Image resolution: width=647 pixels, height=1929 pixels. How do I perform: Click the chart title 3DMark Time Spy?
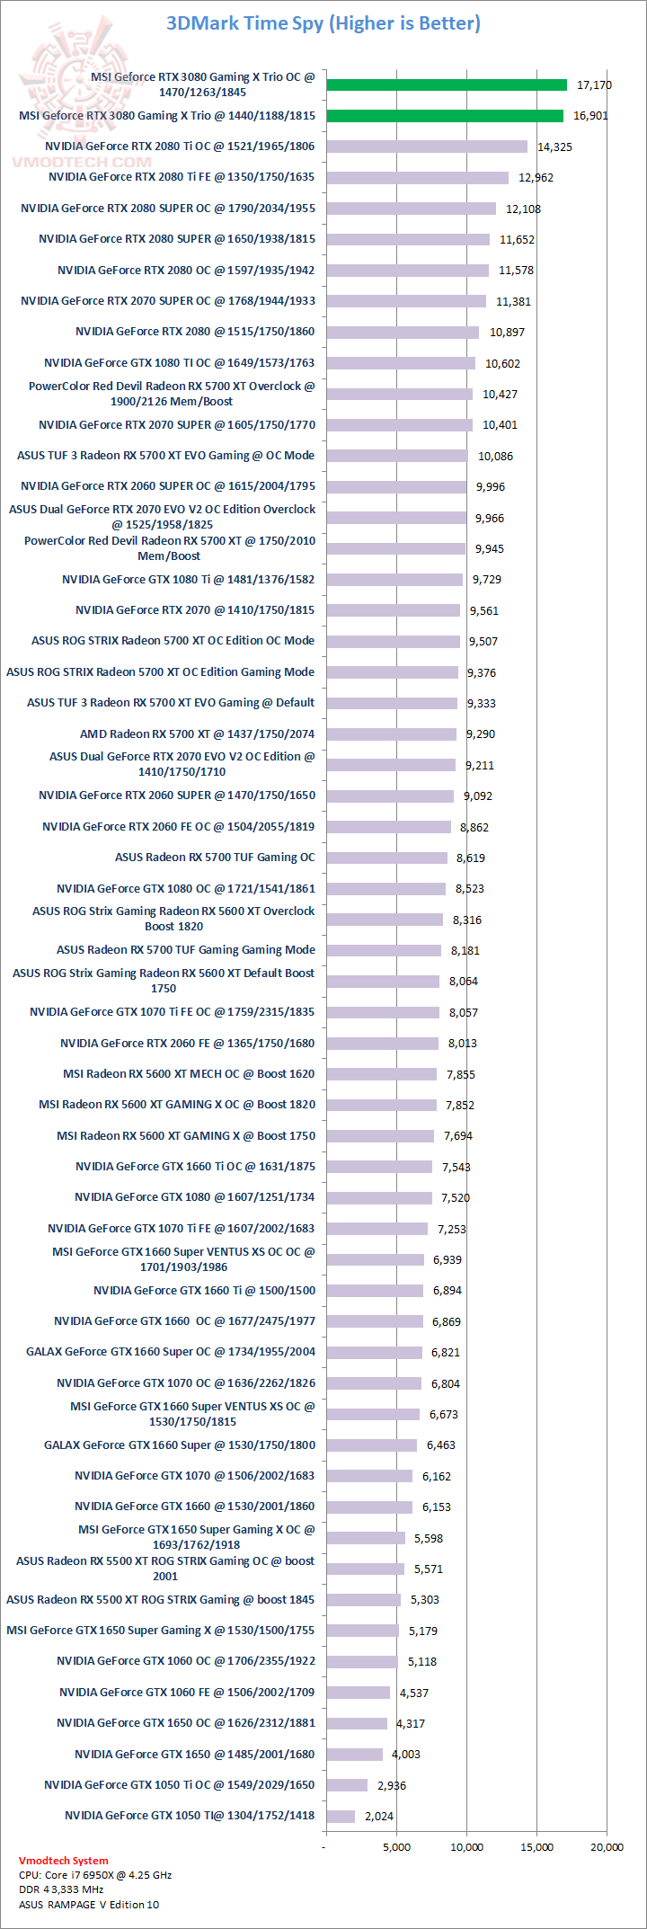323,23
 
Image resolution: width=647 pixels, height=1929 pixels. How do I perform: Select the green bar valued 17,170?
447,84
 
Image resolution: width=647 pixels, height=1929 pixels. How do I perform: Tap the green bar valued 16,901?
445,116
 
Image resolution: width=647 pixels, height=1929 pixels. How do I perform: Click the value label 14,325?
554,147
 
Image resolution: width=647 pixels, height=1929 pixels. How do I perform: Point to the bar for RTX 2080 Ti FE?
417,178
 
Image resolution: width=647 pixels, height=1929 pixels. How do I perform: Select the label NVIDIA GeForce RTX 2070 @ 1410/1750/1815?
195,610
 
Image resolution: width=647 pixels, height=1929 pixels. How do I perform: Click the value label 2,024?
379,1816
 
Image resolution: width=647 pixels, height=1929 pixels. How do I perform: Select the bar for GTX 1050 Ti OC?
347,1785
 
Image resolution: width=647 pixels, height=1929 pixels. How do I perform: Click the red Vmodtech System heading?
63,1861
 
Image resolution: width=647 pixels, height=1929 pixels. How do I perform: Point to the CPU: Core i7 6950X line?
95,1875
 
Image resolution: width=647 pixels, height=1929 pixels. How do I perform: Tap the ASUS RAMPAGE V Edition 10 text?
89,1904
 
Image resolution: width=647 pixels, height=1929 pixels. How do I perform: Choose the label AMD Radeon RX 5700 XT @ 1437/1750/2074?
197,733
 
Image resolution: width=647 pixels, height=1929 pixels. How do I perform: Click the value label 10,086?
495,456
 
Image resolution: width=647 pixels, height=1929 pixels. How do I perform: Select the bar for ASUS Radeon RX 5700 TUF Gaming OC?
386,858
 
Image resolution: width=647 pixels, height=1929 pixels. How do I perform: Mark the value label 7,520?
456,1197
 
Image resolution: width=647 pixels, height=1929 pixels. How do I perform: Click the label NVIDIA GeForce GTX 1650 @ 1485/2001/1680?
194,1754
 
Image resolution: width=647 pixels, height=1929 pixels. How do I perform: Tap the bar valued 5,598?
366,1538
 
